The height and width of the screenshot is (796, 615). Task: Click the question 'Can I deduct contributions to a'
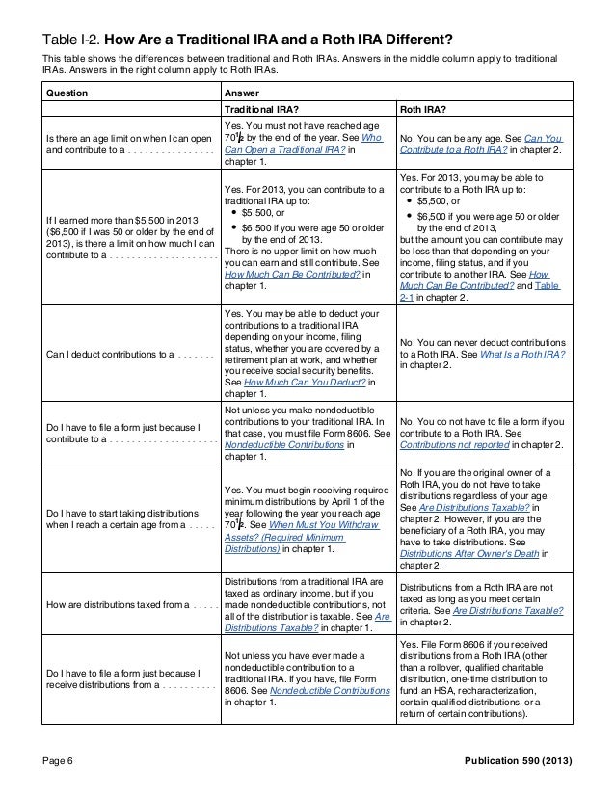pos(110,355)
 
